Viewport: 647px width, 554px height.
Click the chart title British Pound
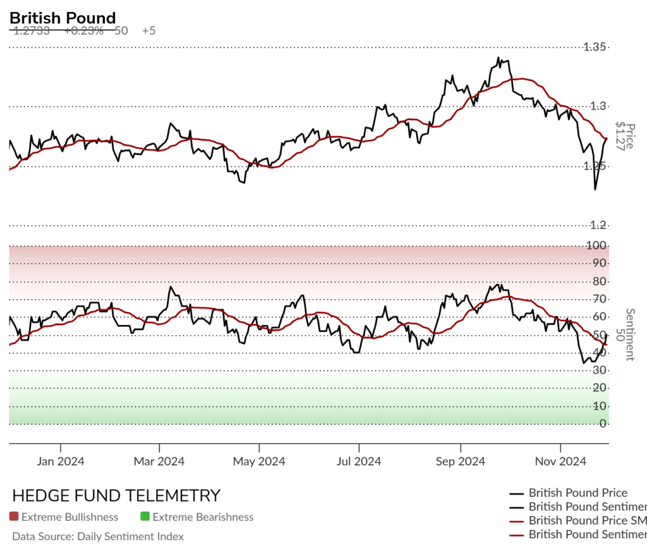coord(63,18)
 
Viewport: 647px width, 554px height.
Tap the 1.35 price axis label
coord(595,47)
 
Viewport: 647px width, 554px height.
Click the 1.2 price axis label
coord(598,225)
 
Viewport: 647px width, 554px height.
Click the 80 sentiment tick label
coord(599,281)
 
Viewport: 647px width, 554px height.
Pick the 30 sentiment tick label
coord(599,370)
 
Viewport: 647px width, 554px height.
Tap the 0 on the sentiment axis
coord(603,423)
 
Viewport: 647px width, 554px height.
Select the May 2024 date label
coord(258,461)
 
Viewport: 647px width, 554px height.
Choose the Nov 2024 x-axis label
coord(560,461)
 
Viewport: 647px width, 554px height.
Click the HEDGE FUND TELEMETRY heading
coord(116,495)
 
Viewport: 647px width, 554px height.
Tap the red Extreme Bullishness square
coord(14,517)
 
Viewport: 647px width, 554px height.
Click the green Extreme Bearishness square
coord(145,517)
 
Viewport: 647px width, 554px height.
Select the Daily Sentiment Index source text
coord(98,536)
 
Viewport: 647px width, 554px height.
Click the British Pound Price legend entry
coord(577,493)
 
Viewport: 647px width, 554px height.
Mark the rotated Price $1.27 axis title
coord(624,135)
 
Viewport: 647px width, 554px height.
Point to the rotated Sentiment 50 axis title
coord(624,334)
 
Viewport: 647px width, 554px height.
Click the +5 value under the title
coord(149,30)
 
